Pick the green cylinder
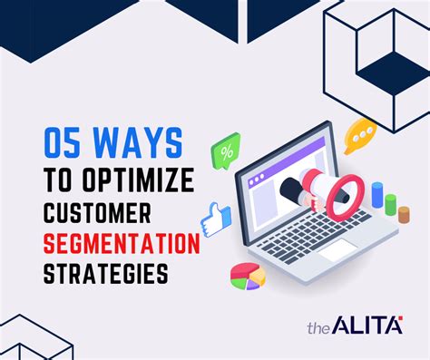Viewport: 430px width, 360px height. pos(390,205)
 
